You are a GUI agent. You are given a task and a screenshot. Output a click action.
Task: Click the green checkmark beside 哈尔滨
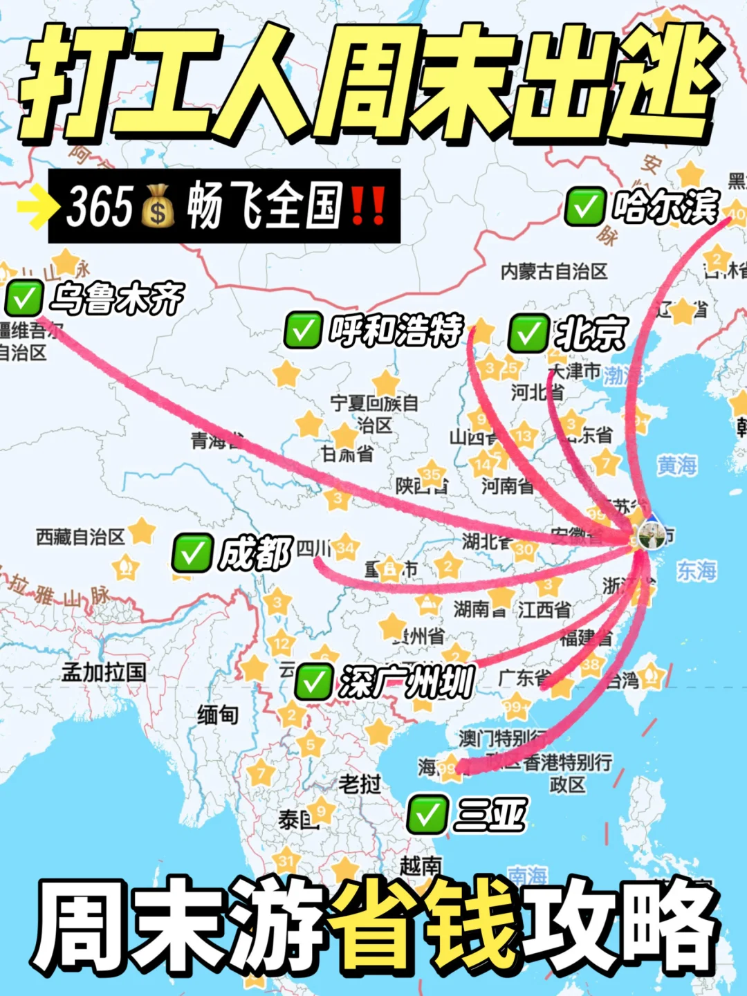point(585,207)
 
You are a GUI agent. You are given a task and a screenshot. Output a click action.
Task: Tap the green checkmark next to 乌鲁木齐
point(24,298)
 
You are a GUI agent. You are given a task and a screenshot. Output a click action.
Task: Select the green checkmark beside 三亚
point(427,814)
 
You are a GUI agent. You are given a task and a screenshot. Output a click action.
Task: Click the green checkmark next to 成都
point(192,553)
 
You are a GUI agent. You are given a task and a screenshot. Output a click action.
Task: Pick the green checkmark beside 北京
point(529,333)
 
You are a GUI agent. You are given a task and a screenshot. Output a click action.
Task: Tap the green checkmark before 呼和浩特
point(303,330)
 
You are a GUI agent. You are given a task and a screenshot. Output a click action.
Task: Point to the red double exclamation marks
point(368,206)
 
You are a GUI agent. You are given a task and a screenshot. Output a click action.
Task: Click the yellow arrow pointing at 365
point(36,206)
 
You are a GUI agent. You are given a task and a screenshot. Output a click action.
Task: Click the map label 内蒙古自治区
point(554,271)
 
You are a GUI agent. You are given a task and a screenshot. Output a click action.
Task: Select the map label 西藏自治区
point(80,537)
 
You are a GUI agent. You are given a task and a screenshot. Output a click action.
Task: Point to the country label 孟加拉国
point(104,672)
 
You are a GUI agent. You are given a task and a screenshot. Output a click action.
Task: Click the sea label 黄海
point(676,465)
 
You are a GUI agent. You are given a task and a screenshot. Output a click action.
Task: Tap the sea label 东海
point(696,571)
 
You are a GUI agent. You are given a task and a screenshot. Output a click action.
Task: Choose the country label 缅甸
point(218,714)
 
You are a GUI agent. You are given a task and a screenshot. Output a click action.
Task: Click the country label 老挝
point(360,784)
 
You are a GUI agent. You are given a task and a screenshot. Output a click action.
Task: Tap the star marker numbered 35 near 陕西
point(431,474)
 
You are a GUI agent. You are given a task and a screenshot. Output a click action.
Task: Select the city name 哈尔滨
point(665,206)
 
